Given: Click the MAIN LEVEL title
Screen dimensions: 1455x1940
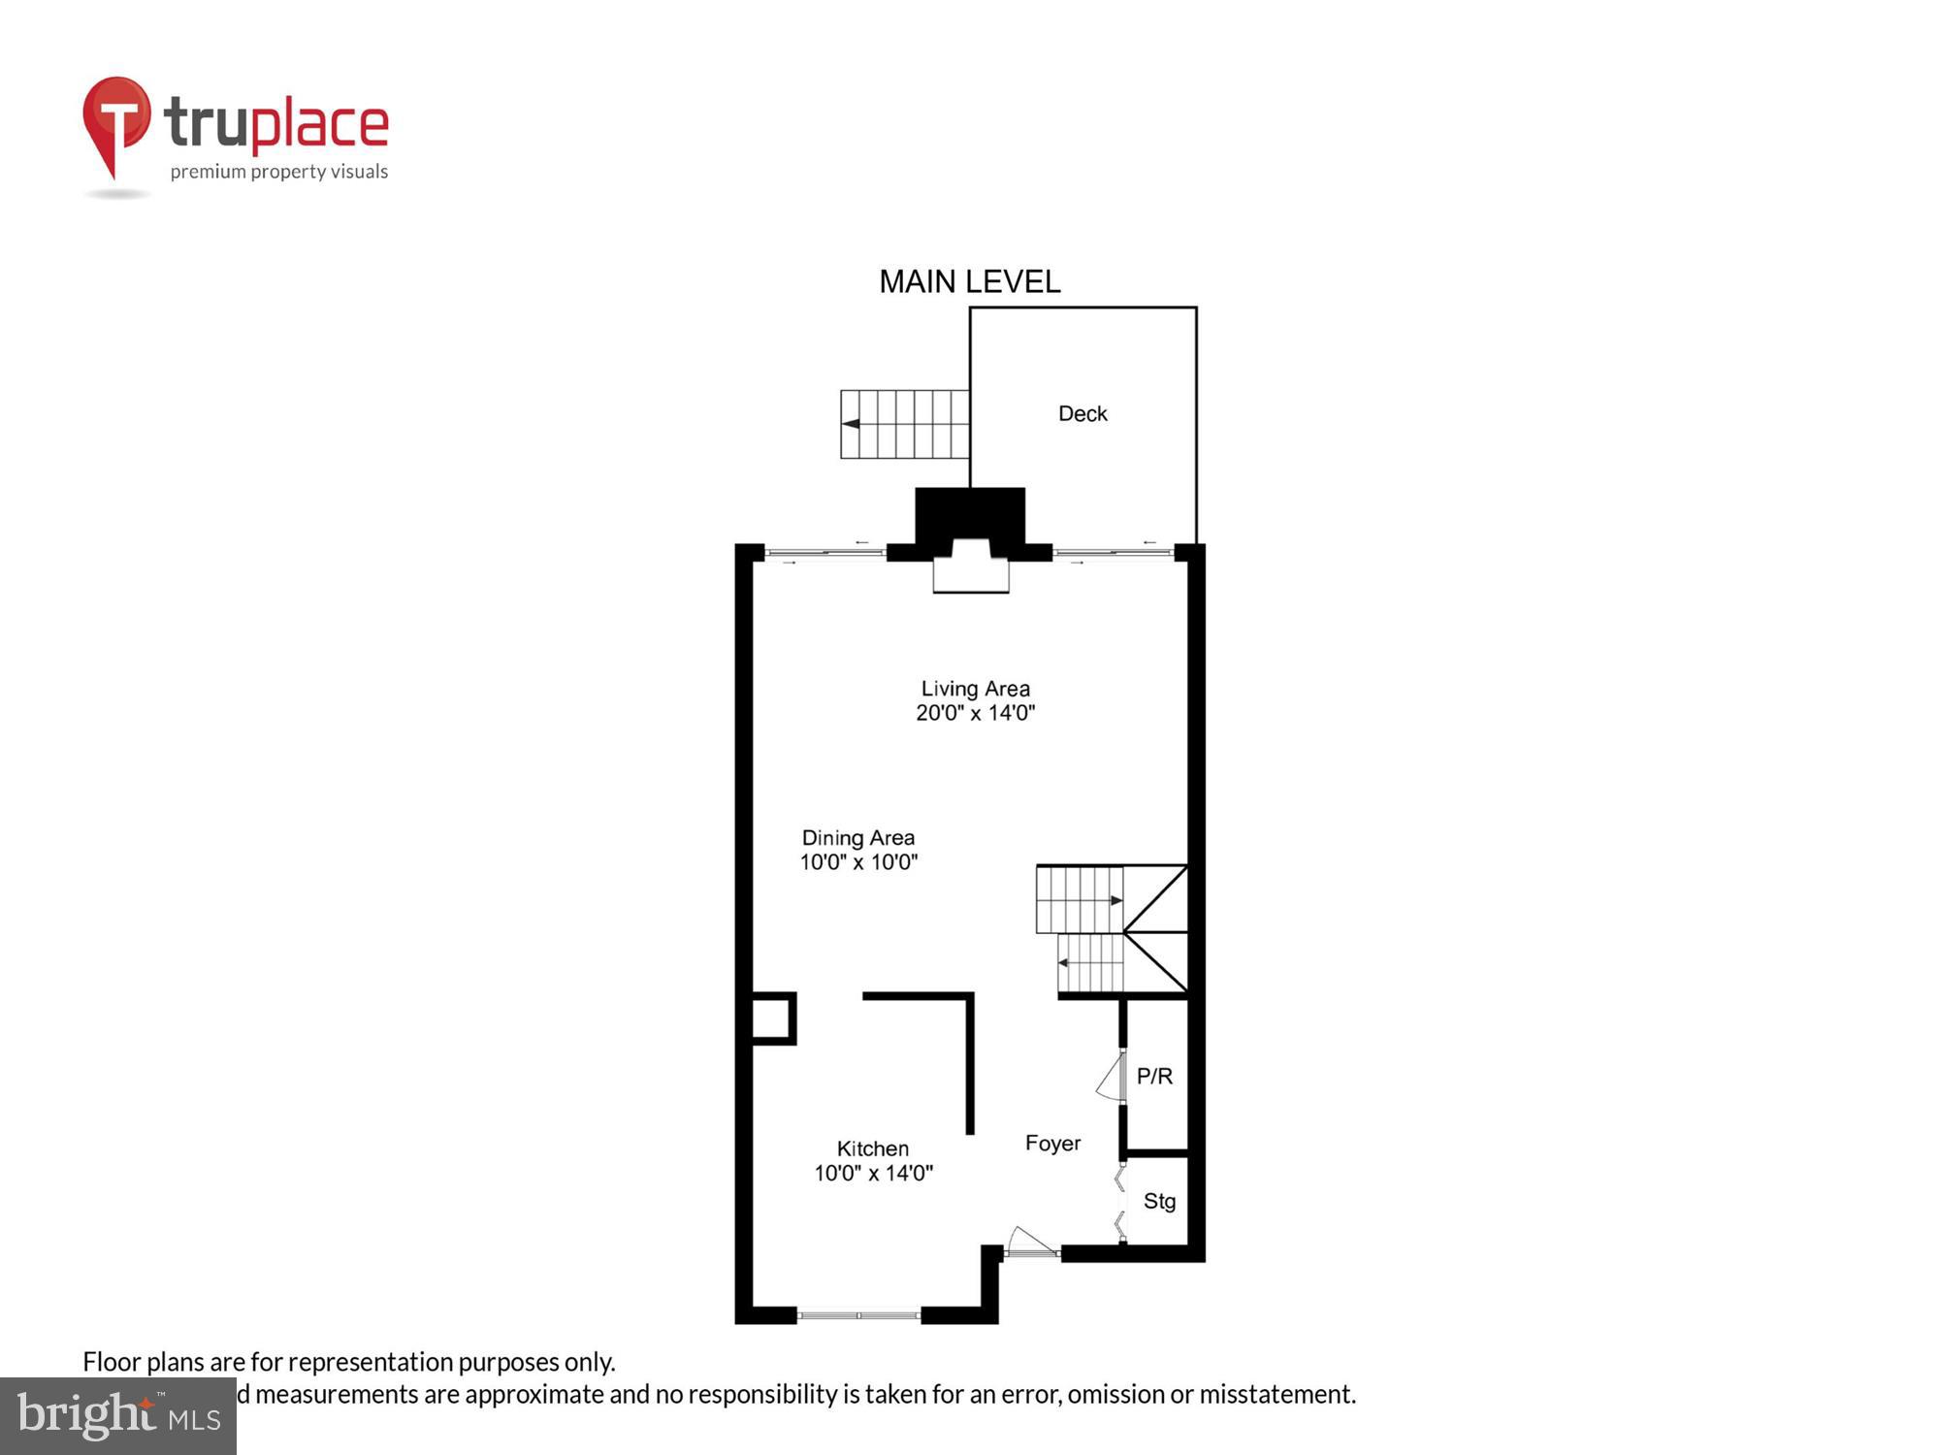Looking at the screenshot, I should pyautogui.click(x=969, y=282).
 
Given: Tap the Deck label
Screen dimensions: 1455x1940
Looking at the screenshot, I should pyautogui.click(x=1083, y=414).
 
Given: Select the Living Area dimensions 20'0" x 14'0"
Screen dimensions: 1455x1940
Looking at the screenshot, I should pyautogui.click(x=975, y=713).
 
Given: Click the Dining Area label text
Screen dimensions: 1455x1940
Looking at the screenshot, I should pyautogui.click(x=857, y=838).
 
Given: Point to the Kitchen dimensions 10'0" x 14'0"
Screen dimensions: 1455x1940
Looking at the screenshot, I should pyautogui.click(x=873, y=1173).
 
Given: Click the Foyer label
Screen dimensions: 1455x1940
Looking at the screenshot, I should pyautogui.click(x=1052, y=1144).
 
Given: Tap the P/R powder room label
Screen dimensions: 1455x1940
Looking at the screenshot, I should pyautogui.click(x=1154, y=1076).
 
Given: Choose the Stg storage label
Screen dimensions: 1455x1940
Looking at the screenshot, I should pyautogui.click(x=1159, y=1202).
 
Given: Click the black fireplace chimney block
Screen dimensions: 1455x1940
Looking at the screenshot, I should pyautogui.click(x=970, y=514).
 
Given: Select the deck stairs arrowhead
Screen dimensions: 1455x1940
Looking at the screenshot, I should pyautogui.click(x=851, y=424).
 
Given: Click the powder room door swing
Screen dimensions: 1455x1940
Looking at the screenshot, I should pyautogui.click(x=1110, y=1078).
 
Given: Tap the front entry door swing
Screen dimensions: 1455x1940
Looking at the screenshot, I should pyautogui.click(x=1030, y=1242).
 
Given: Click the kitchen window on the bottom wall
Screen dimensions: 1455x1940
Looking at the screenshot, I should pyautogui.click(x=858, y=1315).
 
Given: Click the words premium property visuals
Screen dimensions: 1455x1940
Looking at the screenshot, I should pyautogui.click(x=279, y=173).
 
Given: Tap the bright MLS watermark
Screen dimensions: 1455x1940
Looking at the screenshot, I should pyautogui.click(x=118, y=1416).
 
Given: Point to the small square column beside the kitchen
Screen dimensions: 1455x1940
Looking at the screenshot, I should pyautogui.click(x=774, y=1018).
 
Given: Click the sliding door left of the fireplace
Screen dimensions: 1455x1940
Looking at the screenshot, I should pyautogui.click(x=824, y=553).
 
